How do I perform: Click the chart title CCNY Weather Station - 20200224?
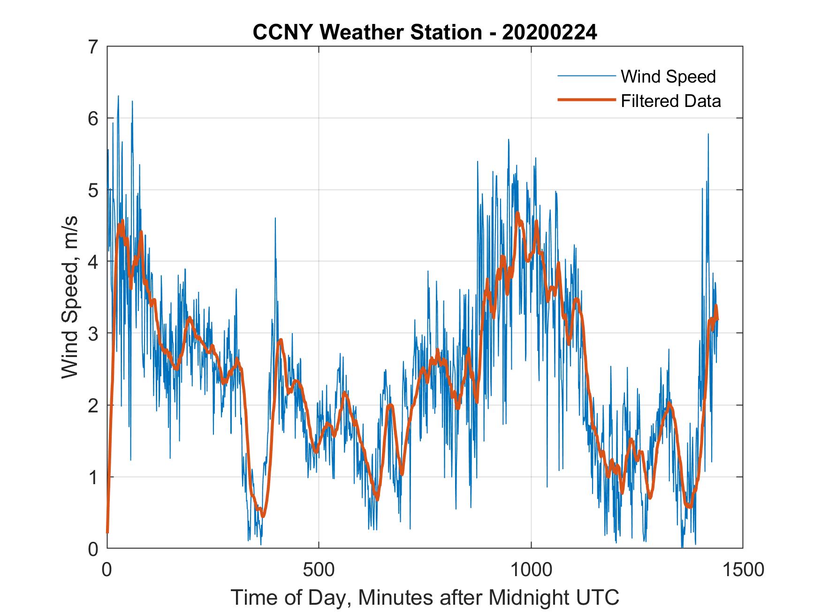(425, 32)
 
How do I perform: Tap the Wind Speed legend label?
(668, 76)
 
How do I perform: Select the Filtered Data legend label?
(670, 101)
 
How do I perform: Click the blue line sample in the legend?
(586, 76)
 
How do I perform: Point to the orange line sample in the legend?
(586, 100)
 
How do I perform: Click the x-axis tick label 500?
(319, 570)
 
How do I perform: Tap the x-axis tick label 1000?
(532, 570)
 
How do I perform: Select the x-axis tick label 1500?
(743, 570)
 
